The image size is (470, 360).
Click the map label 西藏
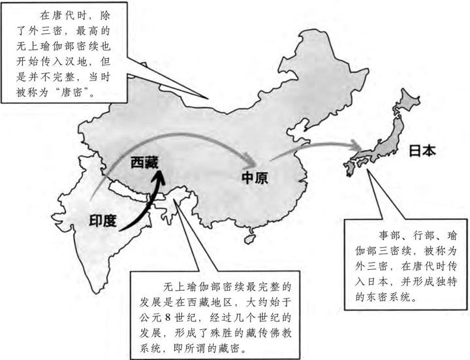pos(144,163)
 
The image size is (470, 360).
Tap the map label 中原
pos(255,178)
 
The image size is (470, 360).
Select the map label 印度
pos(102,221)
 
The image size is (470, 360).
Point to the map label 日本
pos(422,151)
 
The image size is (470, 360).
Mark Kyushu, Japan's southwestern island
pos(349,168)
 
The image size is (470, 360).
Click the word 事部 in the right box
pos(388,236)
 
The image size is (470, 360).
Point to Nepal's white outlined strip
pos(130,191)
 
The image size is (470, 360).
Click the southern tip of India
pos(96,292)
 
